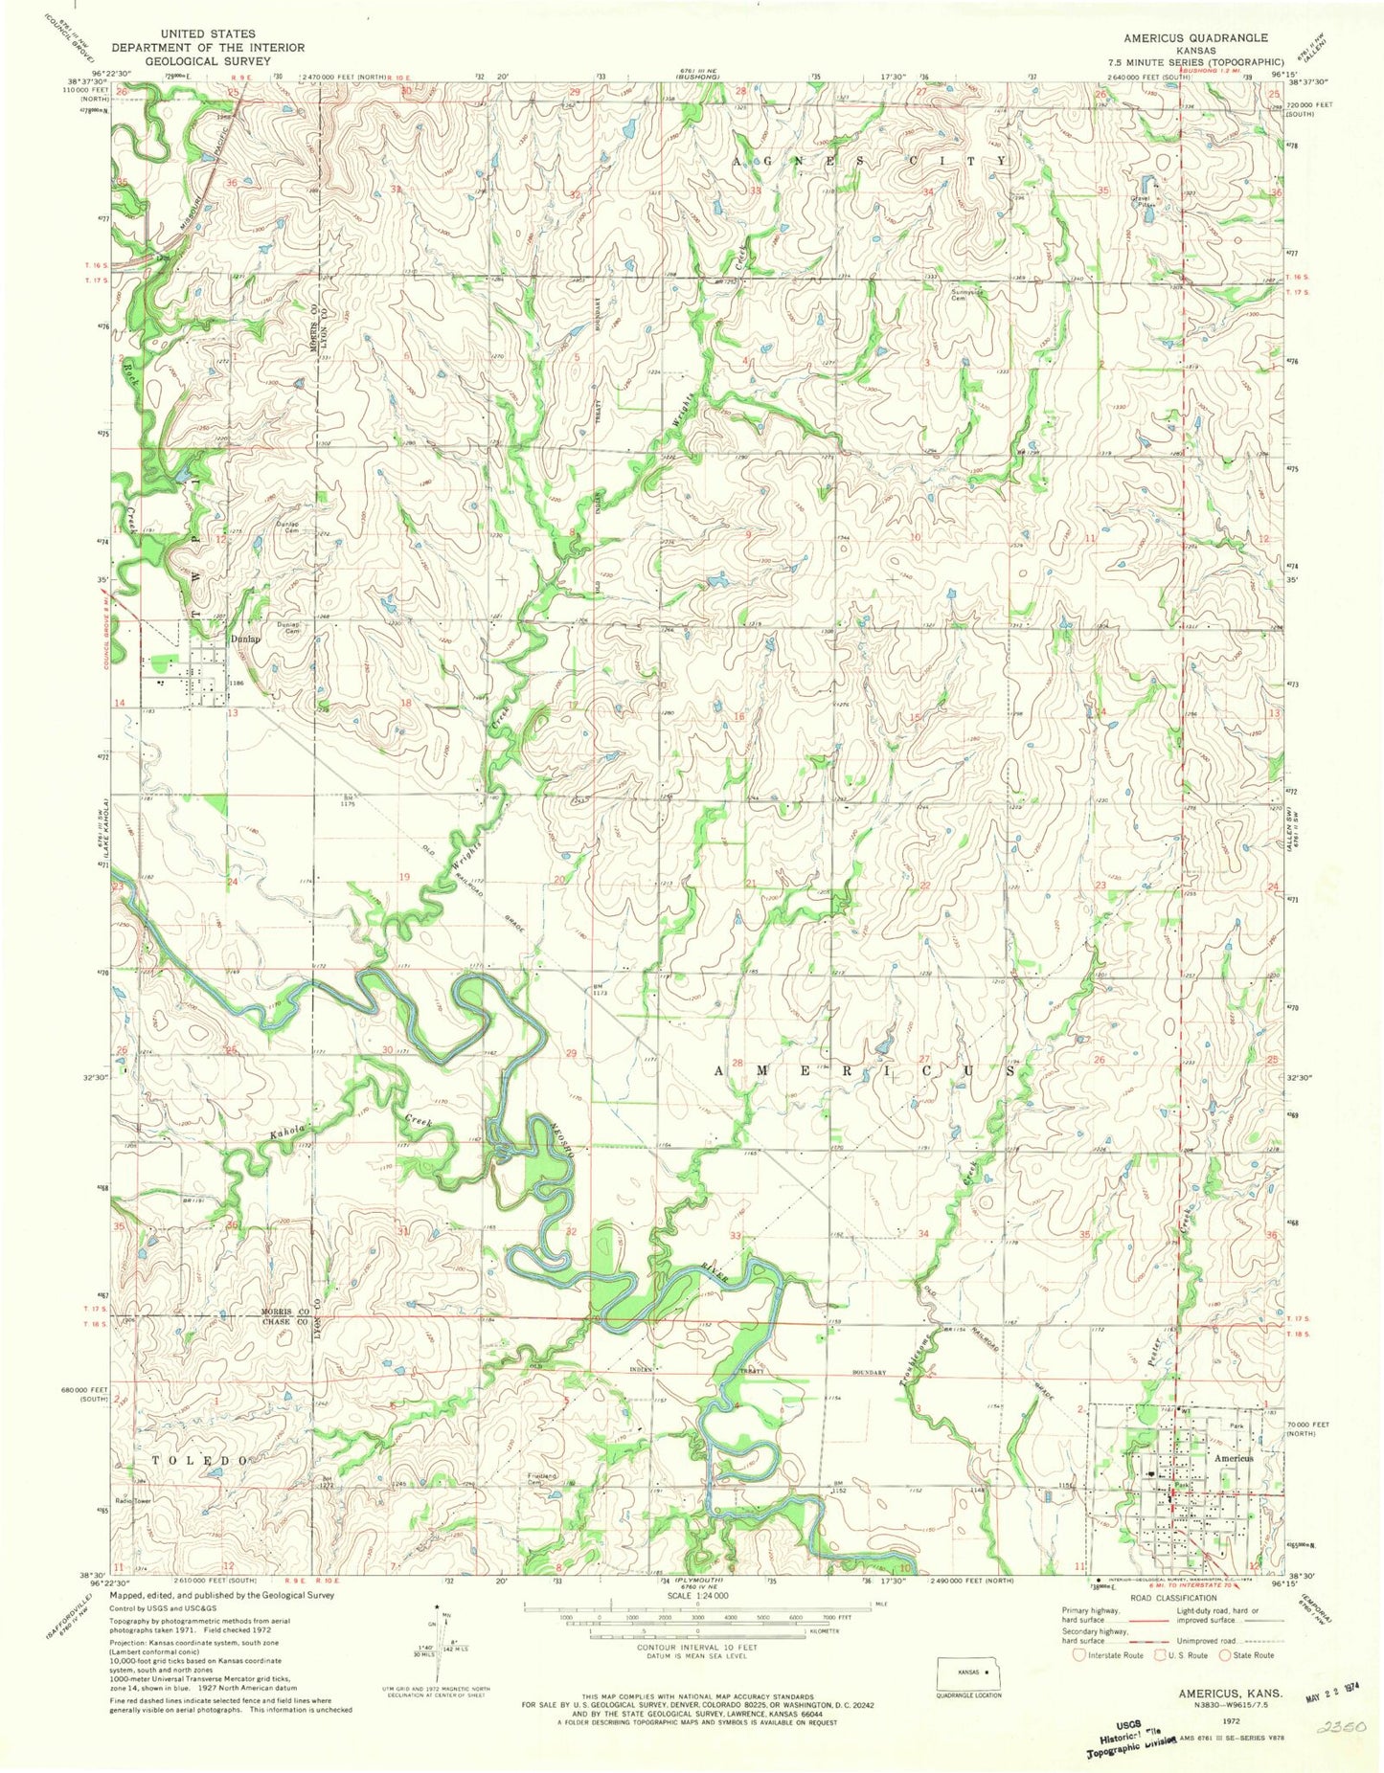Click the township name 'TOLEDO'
click(201, 1461)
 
